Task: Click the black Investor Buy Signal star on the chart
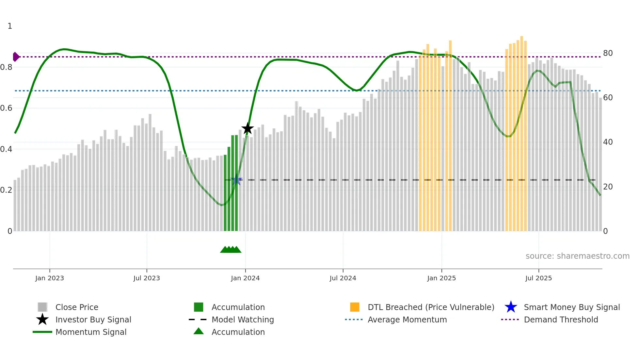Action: click(248, 128)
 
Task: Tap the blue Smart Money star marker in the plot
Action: click(236, 180)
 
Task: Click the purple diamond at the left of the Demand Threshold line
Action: click(16, 57)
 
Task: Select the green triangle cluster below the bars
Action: click(231, 250)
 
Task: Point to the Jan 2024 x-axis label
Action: click(245, 278)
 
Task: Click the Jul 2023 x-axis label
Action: click(147, 278)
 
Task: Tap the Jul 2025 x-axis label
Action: click(538, 278)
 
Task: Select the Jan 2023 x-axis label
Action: click(50, 278)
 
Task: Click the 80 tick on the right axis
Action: click(608, 53)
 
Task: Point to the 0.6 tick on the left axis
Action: click(7, 108)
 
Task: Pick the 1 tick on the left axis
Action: click(10, 26)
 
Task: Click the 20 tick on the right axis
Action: click(608, 187)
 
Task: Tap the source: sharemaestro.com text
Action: click(577, 256)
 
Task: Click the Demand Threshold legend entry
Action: click(561, 319)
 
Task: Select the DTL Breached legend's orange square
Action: click(355, 307)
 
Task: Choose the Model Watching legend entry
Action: click(243, 319)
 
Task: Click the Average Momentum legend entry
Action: click(407, 319)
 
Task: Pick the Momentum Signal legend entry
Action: click(91, 332)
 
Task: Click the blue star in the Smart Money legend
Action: click(511, 307)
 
